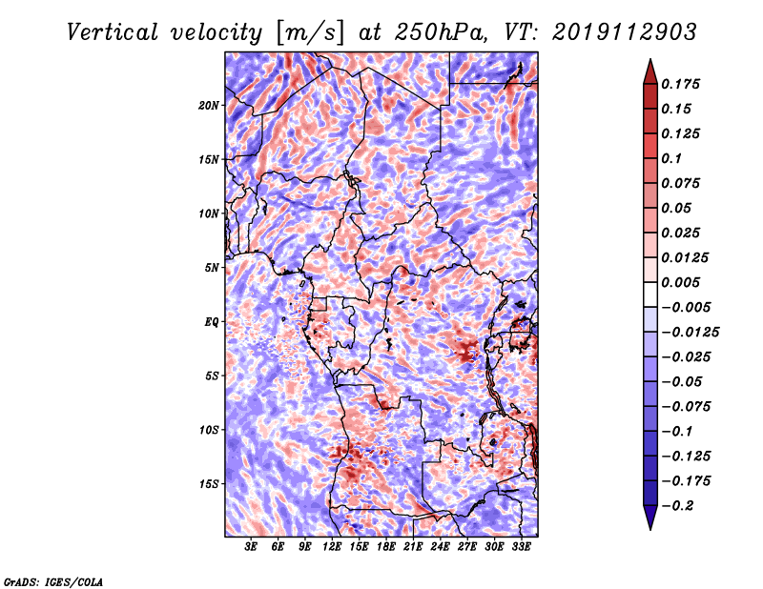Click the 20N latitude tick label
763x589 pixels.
209,105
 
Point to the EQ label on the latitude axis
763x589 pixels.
212,322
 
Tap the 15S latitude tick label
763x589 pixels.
209,484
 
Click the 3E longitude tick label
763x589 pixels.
251,547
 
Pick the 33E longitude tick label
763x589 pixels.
521,547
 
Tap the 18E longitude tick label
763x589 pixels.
385,547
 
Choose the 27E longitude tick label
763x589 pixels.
466,547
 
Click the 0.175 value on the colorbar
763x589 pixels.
684,84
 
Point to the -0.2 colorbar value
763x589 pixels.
678,505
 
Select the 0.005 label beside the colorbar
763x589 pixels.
684,282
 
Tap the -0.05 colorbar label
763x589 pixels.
682,381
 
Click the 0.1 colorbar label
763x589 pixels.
672,158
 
